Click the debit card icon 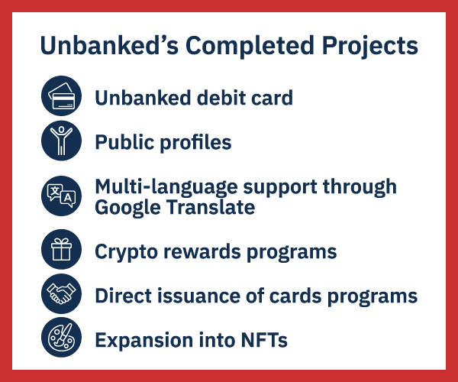(61, 95)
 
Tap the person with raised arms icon (61, 141)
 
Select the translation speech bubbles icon (61, 196)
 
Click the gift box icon (61, 249)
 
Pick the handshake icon (61, 293)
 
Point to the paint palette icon (61, 337)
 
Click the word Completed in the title (250, 46)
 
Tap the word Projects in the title (369, 46)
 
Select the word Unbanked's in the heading (109, 45)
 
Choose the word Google (127, 208)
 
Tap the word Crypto (126, 252)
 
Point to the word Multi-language (166, 187)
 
